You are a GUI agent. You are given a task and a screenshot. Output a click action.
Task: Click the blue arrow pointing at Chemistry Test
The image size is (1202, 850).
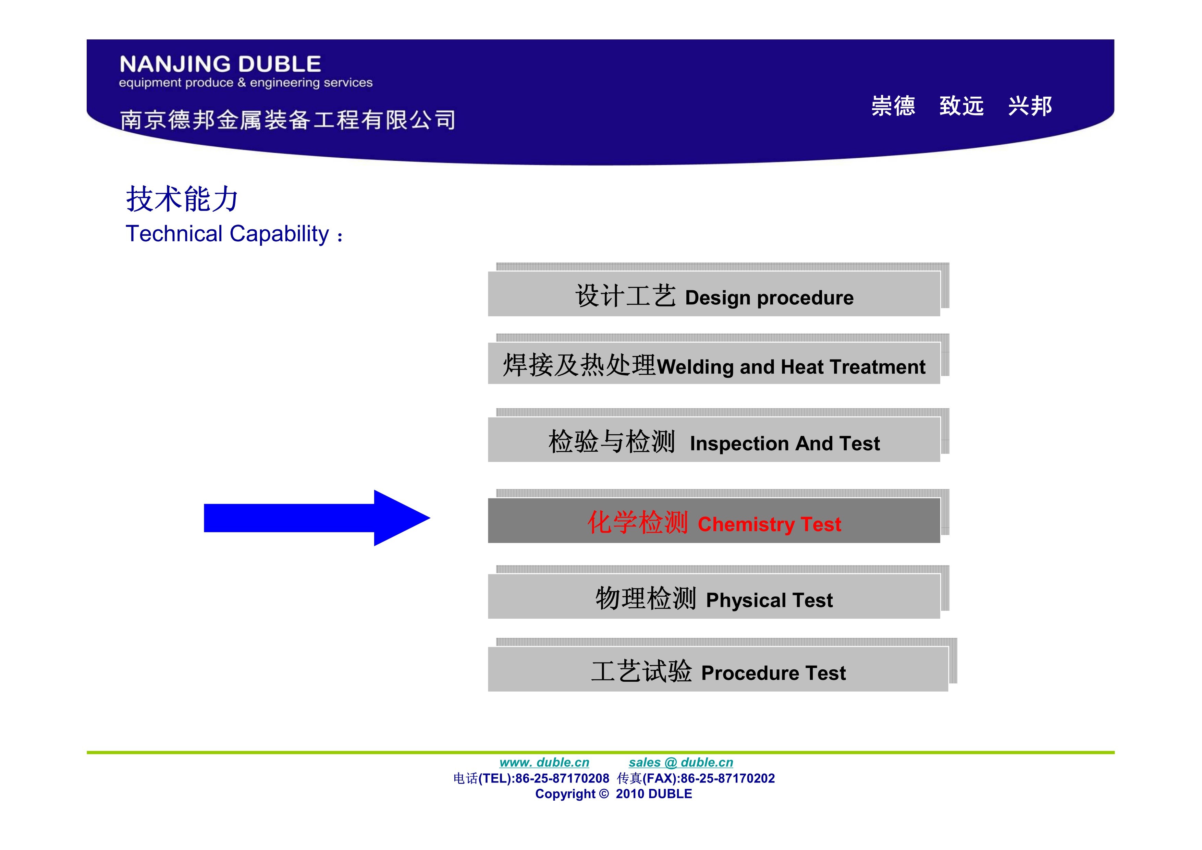[x=317, y=518]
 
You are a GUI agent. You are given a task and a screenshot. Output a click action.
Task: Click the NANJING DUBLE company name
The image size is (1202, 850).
[x=220, y=64]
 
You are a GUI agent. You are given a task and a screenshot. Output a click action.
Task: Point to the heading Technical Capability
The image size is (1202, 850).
[x=234, y=234]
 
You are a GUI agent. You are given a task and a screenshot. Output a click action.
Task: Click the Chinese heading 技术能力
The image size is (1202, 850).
[x=182, y=199]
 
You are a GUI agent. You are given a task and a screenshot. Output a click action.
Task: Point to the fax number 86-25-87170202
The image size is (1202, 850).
[x=728, y=778]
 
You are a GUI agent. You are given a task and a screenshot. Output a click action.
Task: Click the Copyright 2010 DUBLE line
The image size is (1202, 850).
[x=614, y=794]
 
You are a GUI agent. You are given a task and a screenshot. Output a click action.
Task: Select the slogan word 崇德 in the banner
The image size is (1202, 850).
[x=893, y=106]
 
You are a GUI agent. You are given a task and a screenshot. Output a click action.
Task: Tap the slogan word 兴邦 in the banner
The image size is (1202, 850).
[x=1030, y=106]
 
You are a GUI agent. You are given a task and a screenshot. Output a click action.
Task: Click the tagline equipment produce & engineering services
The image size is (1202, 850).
[x=246, y=83]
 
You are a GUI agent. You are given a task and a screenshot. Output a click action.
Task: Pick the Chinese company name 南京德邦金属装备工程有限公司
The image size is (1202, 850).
[x=287, y=119]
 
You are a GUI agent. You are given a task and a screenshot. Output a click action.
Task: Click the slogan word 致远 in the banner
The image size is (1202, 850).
[x=961, y=106]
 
